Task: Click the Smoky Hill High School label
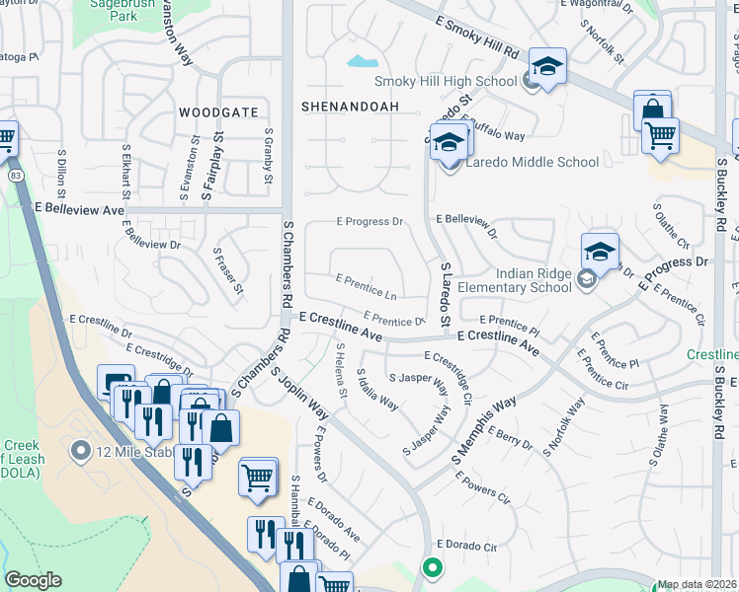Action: click(x=446, y=82)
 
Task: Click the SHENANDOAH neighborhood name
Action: click(x=350, y=106)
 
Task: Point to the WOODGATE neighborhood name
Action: click(x=218, y=113)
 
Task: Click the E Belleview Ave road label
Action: click(x=79, y=209)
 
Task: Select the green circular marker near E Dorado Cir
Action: click(x=431, y=567)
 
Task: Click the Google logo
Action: click(x=33, y=581)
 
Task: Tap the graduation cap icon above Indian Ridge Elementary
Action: click(x=600, y=252)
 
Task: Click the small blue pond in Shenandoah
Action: click(x=357, y=62)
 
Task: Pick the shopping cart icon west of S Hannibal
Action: click(x=258, y=477)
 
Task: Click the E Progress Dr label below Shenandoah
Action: click(x=370, y=223)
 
